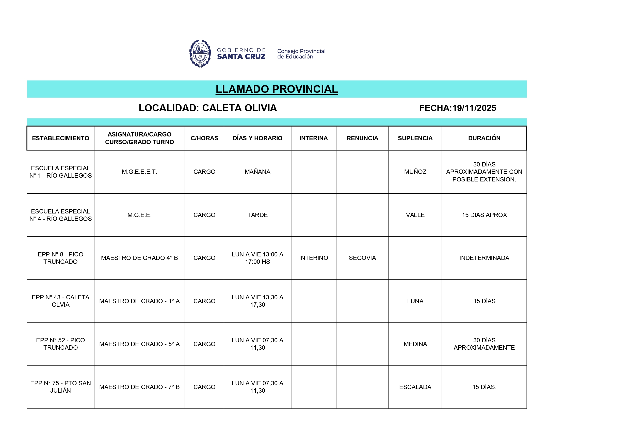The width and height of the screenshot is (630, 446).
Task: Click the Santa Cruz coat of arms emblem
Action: [200, 54]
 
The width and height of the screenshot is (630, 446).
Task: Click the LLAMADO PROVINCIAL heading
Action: [277, 89]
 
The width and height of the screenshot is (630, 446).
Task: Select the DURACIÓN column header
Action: [484, 138]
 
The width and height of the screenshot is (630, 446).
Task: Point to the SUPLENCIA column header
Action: [415, 138]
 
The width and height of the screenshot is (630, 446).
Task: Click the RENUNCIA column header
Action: [362, 138]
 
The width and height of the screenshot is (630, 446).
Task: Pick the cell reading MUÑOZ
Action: [415, 172]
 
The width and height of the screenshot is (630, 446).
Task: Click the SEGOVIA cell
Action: [362, 258]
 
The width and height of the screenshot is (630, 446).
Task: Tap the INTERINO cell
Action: [313, 258]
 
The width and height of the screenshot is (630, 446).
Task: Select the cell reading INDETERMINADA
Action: [484, 258]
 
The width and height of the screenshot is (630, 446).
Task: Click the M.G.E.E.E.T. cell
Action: [139, 172]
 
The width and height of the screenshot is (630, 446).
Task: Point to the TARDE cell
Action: [257, 215]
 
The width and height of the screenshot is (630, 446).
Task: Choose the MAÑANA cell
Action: [257, 172]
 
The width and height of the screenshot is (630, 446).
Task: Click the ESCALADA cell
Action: [415, 387]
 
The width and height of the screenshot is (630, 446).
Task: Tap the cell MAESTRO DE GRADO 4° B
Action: [139, 258]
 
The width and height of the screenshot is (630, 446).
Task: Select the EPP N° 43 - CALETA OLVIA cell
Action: [60, 301]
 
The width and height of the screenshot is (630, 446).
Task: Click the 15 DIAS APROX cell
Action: [484, 215]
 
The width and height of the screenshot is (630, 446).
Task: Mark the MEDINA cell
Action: [415, 344]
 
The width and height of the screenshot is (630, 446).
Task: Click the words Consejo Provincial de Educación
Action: [301, 54]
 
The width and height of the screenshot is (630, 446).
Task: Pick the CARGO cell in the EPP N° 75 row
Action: [204, 387]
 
